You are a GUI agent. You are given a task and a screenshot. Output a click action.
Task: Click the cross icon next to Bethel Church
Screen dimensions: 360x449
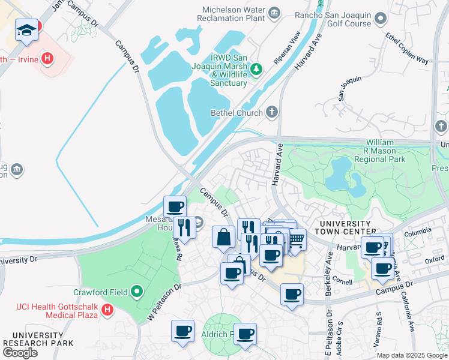[x=272, y=112]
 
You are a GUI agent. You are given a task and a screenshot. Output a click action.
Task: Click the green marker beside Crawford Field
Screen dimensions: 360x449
[x=137, y=292]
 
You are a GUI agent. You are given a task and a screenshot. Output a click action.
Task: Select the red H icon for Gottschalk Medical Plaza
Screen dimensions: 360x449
[x=107, y=310]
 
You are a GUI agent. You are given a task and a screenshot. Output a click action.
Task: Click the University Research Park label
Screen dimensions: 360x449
[x=38, y=339]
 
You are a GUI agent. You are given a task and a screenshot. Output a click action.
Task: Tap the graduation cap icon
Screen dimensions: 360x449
[x=26, y=30]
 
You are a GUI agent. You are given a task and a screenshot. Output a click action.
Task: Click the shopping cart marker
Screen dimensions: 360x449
[x=295, y=239]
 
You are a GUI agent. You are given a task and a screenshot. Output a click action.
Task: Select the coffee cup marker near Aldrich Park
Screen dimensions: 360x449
[x=245, y=334]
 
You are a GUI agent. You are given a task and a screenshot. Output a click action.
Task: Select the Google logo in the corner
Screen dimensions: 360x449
[x=20, y=353]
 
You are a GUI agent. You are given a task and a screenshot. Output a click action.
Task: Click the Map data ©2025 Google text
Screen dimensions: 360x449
[x=412, y=355]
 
